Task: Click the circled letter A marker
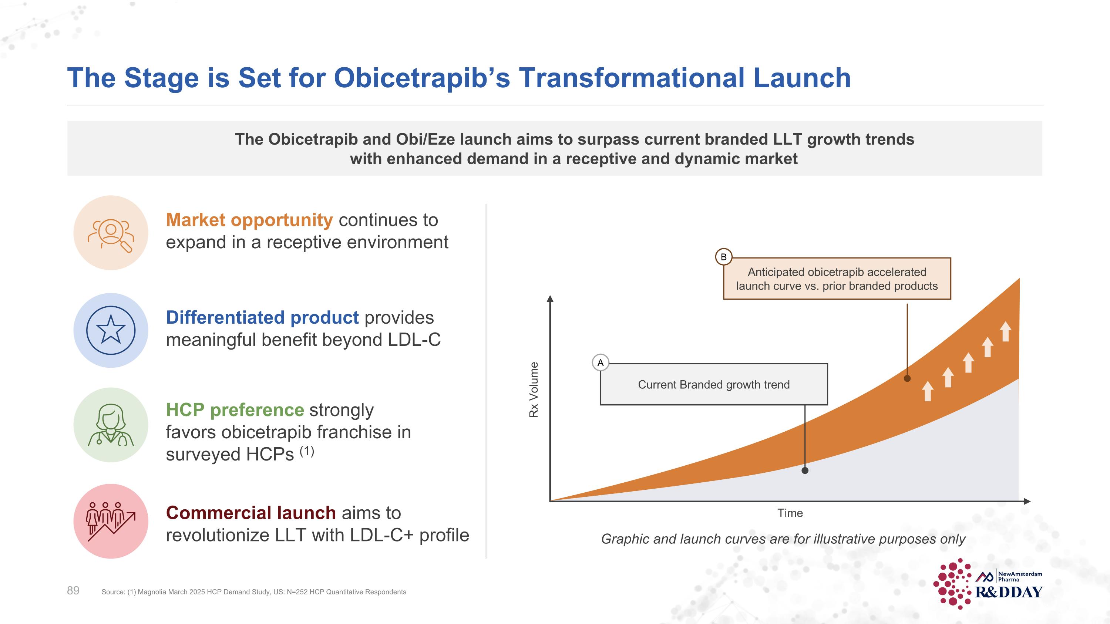coord(601,362)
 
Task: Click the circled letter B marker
coord(723,257)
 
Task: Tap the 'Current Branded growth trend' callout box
coord(714,384)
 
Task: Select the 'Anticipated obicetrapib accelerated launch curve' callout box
coord(837,279)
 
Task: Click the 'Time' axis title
coord(790,513)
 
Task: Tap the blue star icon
coord(111,330)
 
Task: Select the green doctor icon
coord(111,425)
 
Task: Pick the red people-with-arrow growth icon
coord(111,521)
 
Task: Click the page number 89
coord(73,590)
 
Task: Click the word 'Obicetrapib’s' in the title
coord(422,78)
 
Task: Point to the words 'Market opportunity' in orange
coord(249,220)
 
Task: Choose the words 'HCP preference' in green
coord(235,410)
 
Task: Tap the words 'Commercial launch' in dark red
coord(251,513)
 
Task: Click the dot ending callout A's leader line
coord(805,470)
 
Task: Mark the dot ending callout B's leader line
coord(907,378)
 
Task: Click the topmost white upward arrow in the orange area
coord(1005,331)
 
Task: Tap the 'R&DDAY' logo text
coord(1008,592)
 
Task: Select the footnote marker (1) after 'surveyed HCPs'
coord(307,451)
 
